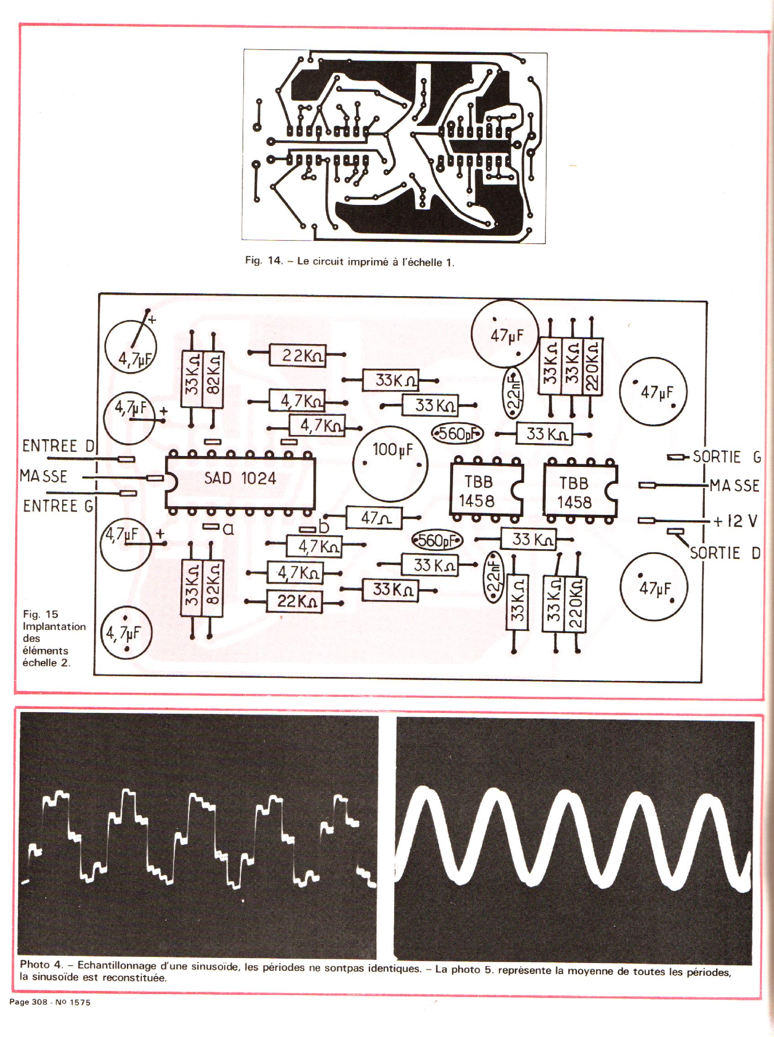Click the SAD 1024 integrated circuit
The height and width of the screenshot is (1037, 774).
coord(240,478)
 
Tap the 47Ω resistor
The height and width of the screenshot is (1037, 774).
coord(373,518)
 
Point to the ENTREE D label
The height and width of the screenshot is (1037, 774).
coord(58,445)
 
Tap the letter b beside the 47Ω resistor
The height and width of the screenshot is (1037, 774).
coord(324,527)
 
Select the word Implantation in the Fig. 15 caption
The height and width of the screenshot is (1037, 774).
coord(54,627)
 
